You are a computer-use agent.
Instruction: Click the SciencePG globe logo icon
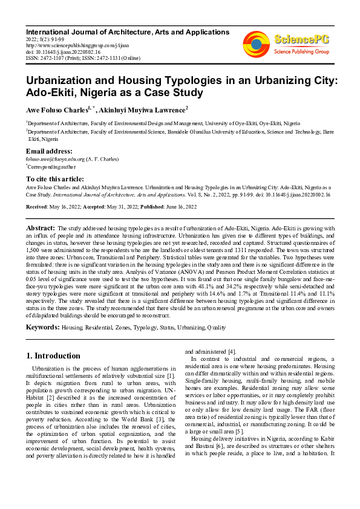[257, 44]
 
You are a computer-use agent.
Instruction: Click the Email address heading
[49, 151]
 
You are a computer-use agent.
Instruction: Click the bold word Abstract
[41, 228]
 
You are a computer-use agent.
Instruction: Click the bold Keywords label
[42, 327]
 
